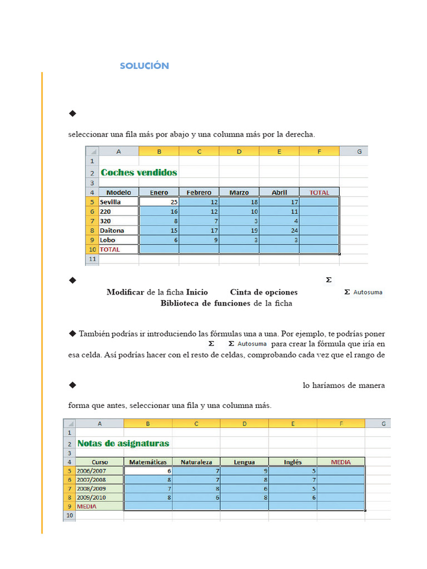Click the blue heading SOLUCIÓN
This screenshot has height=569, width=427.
(x=144, y=66)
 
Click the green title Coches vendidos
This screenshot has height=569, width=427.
(x=139, y=172)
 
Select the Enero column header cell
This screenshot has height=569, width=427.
(x=159, y=192)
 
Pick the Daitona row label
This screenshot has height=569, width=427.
(x=112, y=230)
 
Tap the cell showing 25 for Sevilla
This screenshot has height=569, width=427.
(x=159, y=202)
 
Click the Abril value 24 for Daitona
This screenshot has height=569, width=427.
(x=279, y=230)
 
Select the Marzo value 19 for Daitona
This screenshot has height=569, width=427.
(x=239, y=230)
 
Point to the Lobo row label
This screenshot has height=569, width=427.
(x=107, y=240)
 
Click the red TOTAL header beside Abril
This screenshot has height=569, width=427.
(x=319, y=192)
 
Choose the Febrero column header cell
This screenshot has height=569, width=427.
(x=199, y=192)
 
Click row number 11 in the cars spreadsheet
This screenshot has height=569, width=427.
(x=92, y=259)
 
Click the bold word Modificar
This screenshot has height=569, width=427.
(x=125, y=292)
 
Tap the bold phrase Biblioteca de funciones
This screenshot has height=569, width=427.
(x=206, y=303)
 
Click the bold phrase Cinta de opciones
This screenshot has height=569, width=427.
(x=264, y=292)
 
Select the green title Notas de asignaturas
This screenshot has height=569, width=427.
(x=123, y=443)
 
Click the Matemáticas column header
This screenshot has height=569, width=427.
(x=148, y=461)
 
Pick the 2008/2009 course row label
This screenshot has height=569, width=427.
(x=91, y=488)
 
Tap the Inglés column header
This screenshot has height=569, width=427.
(x=292, y=461)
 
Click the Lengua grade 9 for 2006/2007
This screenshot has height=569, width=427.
(x=245, y=470)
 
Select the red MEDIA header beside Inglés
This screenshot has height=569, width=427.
(x=341, y=461)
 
